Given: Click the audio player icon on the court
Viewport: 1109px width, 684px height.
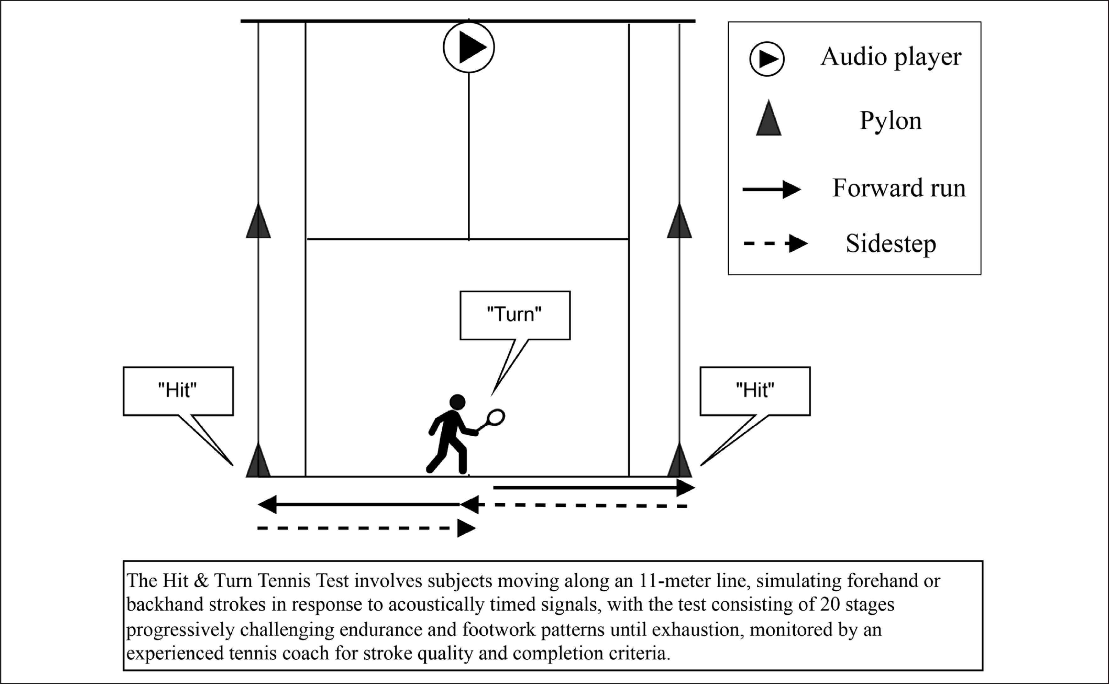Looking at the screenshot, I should pyautogui.click(x=469, y=47).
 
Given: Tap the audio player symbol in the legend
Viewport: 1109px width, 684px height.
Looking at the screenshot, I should pyautogui.click(x=767, y=59).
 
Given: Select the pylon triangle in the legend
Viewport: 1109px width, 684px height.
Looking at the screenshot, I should pyautogui.click(x=769, y=119).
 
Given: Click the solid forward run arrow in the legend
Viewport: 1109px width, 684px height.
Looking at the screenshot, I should pyautogui.click(x=772, y=190).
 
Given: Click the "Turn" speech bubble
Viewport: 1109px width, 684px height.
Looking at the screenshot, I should pyautogui.click(x=515, y=315).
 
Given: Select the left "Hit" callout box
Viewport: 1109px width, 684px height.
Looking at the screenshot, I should pyautogui.click(x=178, y=391).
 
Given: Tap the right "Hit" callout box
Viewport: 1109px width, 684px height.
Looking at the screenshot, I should pyautogui.click(x=755, y=391).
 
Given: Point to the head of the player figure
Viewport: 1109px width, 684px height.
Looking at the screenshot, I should pyautogui.click(x=457, y=402).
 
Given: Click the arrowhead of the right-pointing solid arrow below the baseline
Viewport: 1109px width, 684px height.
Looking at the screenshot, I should pyautogui.click(x=686, y=488).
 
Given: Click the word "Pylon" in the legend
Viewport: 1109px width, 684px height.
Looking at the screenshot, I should pyautogui.click(x=890, y=121).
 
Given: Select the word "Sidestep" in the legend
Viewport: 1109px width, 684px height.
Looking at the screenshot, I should pyautogui.click(x=891, y=244).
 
